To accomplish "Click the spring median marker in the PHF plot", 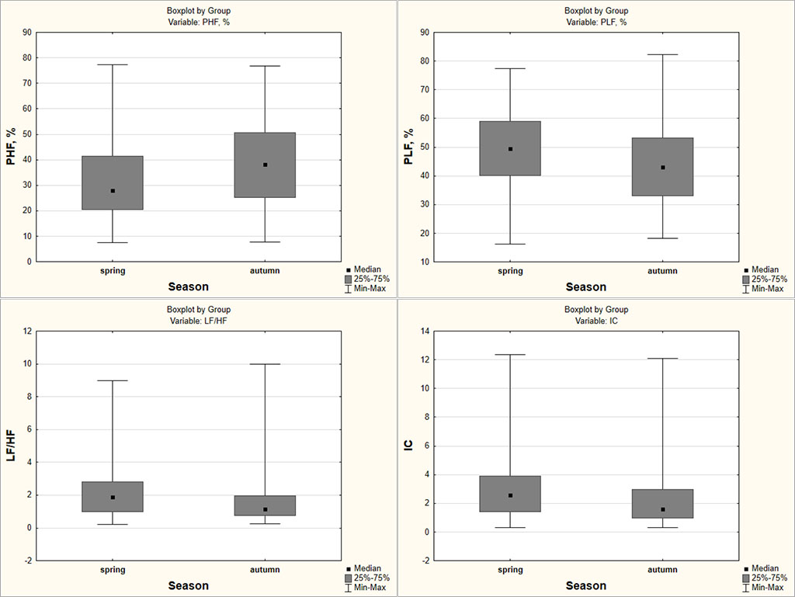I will click(113, 191).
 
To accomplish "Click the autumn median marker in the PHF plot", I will click(265, 165).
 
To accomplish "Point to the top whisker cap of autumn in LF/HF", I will click(265, 364).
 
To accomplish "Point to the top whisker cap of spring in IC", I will click(510, 355).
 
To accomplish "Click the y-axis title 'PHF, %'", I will click(12, 148).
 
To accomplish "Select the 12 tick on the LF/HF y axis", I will click(27, 331).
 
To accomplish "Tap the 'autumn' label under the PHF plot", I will click(265, 271).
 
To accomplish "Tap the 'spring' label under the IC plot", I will click(510, 570).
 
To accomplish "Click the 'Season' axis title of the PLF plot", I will click(586, 287).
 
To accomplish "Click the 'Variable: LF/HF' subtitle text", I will click(199, 321).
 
